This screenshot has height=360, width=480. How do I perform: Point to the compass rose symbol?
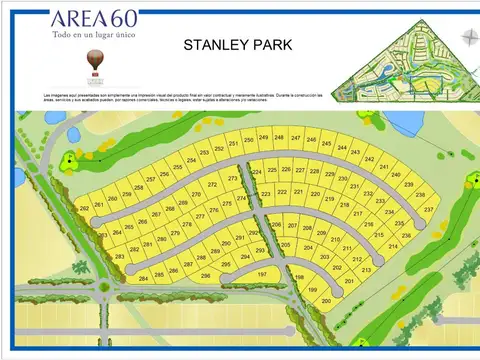pyautogui.click(x=468, y=38)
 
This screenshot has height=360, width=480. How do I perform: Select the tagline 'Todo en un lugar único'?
pyautogui.click(x=95, y=35)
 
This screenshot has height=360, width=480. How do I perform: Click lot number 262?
pyautogui.click(x=85, y=207)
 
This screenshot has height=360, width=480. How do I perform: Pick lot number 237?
pyautogui.click(x=428, y=210)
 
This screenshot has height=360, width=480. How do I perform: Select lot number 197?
pyautogui.click(x=262, y=273)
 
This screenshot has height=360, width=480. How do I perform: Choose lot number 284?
pyautogui.click(x=143, y=278)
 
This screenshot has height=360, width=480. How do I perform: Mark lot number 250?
pyautogui.click(x=247, y=139)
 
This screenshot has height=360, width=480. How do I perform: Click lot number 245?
pyautogui.click(x=327, y=143)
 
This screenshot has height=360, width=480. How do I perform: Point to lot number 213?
pyautogui.click(x=366, y=270)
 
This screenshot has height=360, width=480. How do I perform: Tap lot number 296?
pyautogui.click(x=206, y=275)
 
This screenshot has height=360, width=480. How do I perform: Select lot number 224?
pyautogui.click(x=256, y=171)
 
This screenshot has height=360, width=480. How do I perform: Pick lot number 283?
pyautogui.click(x=120, y=258)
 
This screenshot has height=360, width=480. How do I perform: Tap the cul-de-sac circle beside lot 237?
pyautogui.click(x=437, y=227)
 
